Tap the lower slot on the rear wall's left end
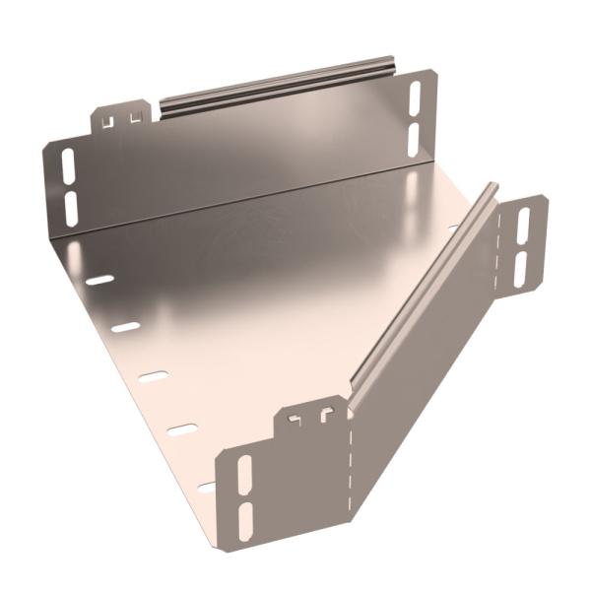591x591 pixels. (x=71, y=204)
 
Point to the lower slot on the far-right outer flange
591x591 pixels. (x=521, y=268)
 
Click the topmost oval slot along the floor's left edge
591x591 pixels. (x=99, y=281)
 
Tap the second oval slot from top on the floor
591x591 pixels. (x=126, y=327)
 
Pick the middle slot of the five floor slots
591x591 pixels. (x=153, y=376)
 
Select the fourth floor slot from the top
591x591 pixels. (x=181, y=428)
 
